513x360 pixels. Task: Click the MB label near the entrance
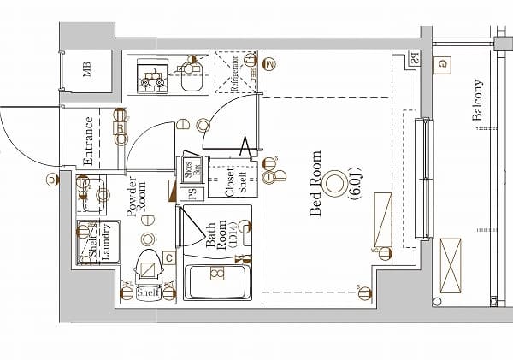tap(88, 70)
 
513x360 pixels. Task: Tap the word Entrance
tap(88, 141)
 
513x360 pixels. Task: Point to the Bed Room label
tap(316, 184)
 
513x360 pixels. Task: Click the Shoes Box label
tap(191, 168)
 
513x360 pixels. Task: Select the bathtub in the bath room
tap(217, 280)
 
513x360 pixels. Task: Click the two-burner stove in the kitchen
tap(154, 77)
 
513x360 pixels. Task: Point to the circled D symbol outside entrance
tap(52, 180)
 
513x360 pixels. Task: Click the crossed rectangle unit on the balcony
tap(450, 265)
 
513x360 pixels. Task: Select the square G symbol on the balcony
tap(443, 63)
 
